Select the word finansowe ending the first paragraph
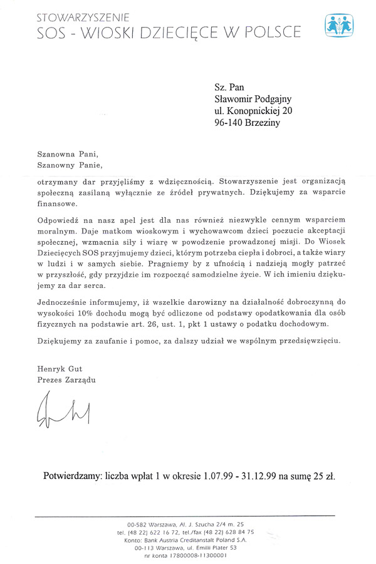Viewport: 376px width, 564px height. pyautogui.click(x=57, y=203)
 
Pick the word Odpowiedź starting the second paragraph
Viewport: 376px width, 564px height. pyautogui.click(x=58, y=220)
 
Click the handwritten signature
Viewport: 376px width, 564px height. pyautogui.click(x=61, y=410)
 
